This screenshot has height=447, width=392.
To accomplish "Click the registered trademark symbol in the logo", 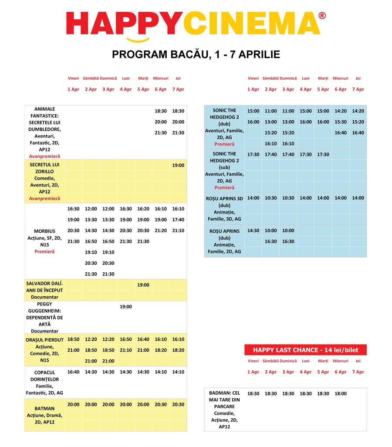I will tap(322, 16).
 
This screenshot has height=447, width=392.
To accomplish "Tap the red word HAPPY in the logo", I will tap(125, 24).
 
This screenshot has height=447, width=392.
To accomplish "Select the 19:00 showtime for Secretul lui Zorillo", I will tap(178, 166).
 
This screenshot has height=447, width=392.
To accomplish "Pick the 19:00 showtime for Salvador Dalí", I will tap(143, 285).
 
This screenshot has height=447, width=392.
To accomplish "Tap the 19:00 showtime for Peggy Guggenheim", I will tap(126, 307).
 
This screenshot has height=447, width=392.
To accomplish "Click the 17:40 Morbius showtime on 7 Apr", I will tap(178, 220).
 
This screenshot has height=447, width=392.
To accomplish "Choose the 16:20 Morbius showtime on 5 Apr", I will tap(143, 209).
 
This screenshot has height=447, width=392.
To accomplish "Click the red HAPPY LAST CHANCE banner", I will tap(305, 350).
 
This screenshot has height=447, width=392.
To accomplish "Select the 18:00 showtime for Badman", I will tap(341, 394).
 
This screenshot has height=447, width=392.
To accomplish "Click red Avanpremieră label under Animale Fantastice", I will tap(44, 156).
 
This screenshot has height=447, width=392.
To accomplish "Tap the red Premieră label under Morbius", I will tap(44, 252).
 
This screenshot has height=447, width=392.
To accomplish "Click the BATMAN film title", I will tap(44, 409).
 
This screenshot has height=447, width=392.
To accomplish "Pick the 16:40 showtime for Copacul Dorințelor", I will tap(74, 372).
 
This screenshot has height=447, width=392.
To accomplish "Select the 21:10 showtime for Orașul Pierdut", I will tap(126, 350).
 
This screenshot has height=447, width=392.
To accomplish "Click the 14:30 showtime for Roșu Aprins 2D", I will tap(253, 231).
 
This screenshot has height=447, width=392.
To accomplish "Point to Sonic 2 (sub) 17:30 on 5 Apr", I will tap(323, 155).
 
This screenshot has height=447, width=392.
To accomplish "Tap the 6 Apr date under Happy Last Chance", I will tap(341, 372).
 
